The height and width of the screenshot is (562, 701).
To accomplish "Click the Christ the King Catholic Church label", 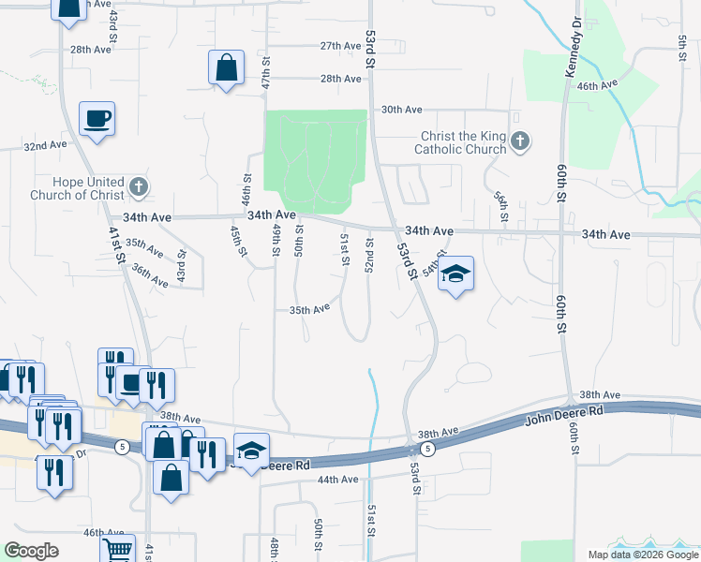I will click(x=462, y=142).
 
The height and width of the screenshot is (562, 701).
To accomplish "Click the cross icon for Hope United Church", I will click(x=139, y=186).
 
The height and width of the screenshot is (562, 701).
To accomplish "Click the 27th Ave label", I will click(x=341, y=45).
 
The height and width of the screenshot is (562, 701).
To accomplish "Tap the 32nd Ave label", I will click(x=46, y=146).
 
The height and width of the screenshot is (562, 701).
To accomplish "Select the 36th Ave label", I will click(x=149, y=274).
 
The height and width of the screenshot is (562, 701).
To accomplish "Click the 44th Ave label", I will click(x=337, y=480).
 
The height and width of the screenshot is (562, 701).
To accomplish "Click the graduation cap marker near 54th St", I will click(x=455, y=274).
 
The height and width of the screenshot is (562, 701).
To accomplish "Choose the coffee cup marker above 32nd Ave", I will click(x=97, y=119).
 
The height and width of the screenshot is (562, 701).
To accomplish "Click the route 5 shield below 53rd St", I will click(x=427, y=450).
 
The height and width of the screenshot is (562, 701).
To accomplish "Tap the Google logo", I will click(x=31, y=551).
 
